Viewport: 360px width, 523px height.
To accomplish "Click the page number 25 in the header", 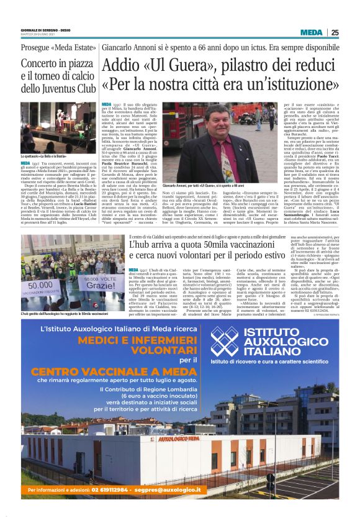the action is click(335, 33).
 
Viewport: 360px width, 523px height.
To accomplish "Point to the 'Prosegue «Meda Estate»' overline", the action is click(53, 48).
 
